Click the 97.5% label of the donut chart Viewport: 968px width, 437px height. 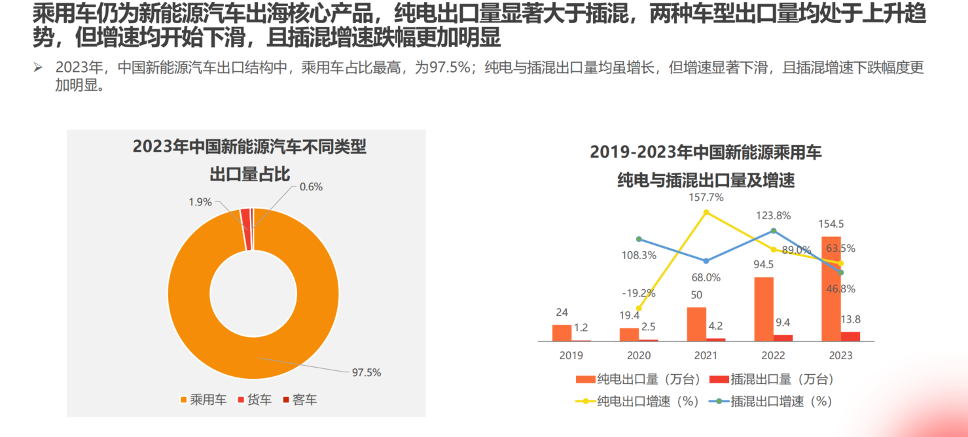point(366,372)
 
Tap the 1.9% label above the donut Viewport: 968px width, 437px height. point(200,202)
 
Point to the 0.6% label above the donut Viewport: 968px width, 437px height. point(311,186)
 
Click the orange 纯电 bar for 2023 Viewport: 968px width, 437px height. point(831,288)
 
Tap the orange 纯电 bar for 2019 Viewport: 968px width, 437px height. point(562,332)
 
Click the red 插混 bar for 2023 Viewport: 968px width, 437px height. point(850,336)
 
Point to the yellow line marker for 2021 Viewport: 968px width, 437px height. point(706,212)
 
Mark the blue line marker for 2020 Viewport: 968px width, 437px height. point(639,239)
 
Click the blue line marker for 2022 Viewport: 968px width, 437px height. point(774,230)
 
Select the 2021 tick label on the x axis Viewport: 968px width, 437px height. point(706,355)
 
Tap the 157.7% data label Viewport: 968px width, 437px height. point(706,197)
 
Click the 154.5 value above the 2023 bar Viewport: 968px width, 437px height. point(831,224)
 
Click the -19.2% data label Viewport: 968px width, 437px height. point(638,293)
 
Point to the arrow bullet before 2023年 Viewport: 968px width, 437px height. point(39,67)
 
